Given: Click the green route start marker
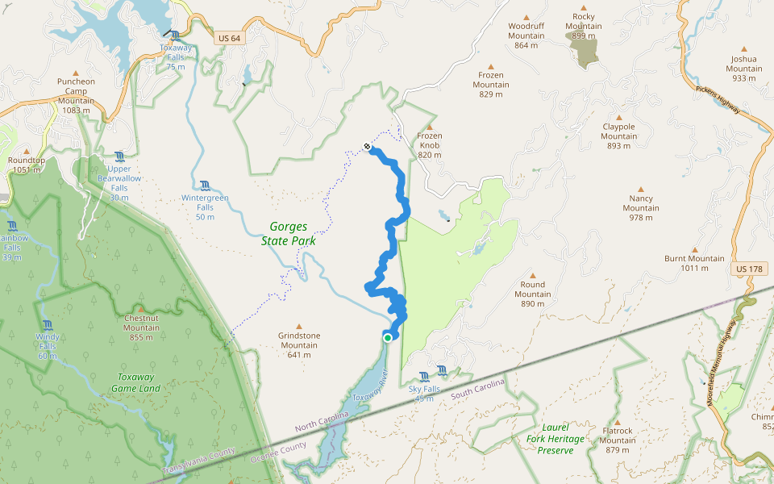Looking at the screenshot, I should (388, 337).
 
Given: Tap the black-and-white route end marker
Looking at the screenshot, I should (368, 147).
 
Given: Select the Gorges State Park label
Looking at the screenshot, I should (288, 234).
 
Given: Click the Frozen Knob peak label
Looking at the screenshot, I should (430, 145).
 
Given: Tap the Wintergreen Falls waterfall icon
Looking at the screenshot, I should (205, 185).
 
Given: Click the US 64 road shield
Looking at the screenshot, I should (229, 38).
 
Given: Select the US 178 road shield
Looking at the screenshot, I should (747, 268).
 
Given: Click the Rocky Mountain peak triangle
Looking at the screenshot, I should (583, 6).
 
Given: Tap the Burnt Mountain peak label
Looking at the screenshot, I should (694, 263).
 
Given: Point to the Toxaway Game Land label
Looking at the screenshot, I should (138, 383).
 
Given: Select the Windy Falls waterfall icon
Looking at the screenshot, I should (47, 324).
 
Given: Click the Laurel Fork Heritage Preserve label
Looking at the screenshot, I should (556, 438).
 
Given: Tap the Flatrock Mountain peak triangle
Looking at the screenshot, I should (617, 422).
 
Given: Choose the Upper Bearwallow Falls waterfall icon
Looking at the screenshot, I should (119, 156).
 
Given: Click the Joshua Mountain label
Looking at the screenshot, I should (743, 68).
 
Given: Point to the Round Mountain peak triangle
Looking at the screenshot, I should (532, 275).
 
